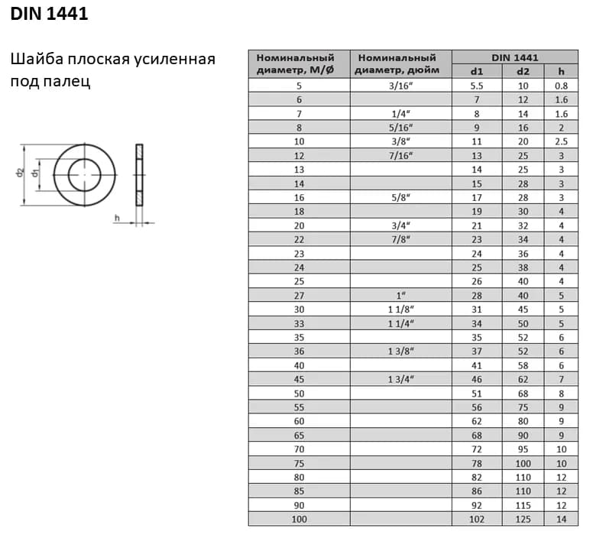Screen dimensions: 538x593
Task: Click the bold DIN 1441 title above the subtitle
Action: tap(49, 15)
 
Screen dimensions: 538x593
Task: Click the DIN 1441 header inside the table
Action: tap(514, 57)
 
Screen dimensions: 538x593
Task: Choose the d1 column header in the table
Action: tap(477, 71)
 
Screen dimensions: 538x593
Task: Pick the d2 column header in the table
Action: tap(523, 71)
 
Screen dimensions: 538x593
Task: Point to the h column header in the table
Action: tap(561, 71)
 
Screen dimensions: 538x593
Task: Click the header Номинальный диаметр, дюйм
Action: tap(400, 64)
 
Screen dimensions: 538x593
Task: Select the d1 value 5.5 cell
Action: tap(477, 86)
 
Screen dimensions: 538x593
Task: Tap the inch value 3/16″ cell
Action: tap(400, 86)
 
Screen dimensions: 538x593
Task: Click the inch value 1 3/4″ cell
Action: tap(400, 379)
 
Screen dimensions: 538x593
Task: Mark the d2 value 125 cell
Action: tap(523, 519)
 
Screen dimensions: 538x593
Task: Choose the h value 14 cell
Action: tap(561, 519)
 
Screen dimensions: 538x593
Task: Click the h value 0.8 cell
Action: tap(561, 86)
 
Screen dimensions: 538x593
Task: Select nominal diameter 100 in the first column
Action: tap(299, 519)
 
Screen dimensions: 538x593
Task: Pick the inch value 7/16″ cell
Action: tap(400, 156)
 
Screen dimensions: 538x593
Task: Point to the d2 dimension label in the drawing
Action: tap(20, 173)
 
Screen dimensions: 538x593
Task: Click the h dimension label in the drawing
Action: tap(117, 219)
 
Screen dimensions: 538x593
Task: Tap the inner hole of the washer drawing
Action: tap(84, 174)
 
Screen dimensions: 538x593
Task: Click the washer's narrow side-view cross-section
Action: tap(139, 174)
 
